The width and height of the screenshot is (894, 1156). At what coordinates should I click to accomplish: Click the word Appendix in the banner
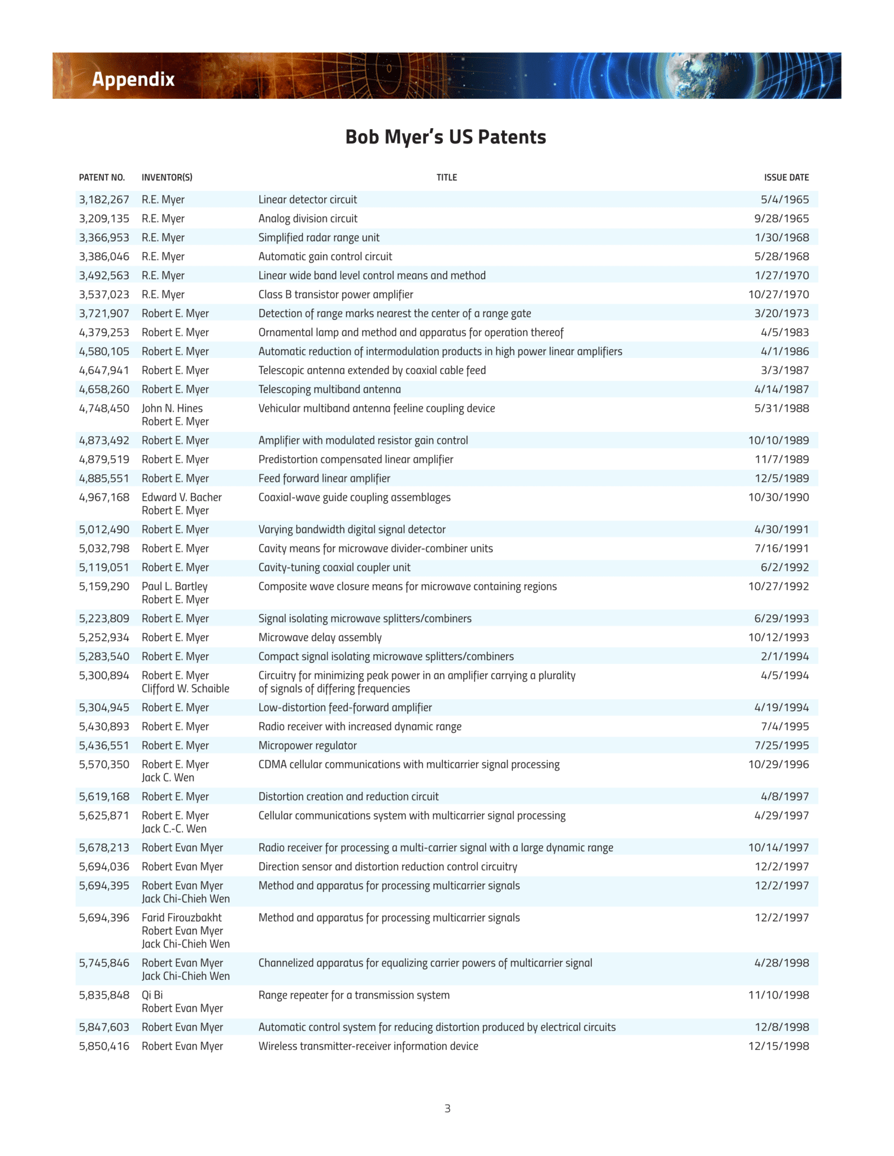pos(133,79)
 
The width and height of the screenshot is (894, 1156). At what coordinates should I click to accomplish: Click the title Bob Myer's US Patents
pos(446,137)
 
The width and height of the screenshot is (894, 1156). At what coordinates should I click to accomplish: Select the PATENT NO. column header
pos(102,177)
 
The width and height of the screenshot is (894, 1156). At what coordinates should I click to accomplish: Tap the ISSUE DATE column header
pos(786,177)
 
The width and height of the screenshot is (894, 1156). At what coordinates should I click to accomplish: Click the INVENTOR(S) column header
pos(167,177)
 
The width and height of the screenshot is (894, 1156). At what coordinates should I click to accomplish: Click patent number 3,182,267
pos(104,199)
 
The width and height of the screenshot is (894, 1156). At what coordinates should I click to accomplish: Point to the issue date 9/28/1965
pos(782,218)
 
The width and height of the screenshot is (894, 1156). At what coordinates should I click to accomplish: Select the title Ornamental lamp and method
pos(411,332)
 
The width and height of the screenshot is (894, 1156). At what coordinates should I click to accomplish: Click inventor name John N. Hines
pos(172,408)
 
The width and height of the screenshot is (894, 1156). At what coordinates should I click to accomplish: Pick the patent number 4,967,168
pos(104,497)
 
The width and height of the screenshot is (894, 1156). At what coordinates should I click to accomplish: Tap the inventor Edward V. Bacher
pos(181,497)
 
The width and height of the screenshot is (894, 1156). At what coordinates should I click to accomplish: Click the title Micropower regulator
pos(307,745)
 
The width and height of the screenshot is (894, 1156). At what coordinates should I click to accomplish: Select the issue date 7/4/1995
pos(784,726)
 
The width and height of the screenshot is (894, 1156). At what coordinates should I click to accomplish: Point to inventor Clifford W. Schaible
pos(185,689)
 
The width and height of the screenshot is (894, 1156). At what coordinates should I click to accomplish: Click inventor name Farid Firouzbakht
pos(181,918)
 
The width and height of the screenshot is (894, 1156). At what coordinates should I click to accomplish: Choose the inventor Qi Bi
pos(152,995)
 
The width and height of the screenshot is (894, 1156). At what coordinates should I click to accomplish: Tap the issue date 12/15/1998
pos(778,1046)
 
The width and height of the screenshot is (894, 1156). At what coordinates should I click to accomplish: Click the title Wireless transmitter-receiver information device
pos(368,1046)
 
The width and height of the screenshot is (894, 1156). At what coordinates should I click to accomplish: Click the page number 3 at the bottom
pos(447,1109)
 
